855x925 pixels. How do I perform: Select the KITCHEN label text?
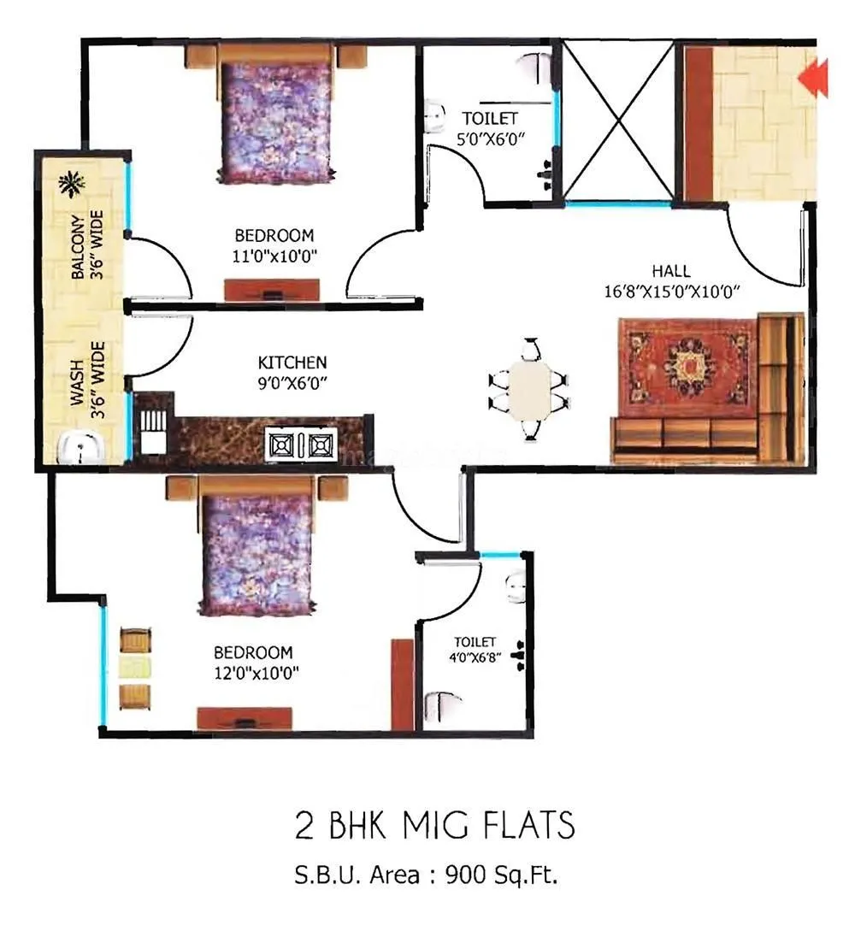coord(292,362)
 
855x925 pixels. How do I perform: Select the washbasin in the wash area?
coord(81,447)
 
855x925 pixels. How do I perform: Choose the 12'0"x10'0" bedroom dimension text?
coord(256,672)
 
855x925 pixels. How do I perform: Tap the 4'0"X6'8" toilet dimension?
coord(475,659)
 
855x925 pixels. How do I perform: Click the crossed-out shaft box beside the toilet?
coord(617,120)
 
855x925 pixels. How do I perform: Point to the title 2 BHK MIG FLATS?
coord(434,827)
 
